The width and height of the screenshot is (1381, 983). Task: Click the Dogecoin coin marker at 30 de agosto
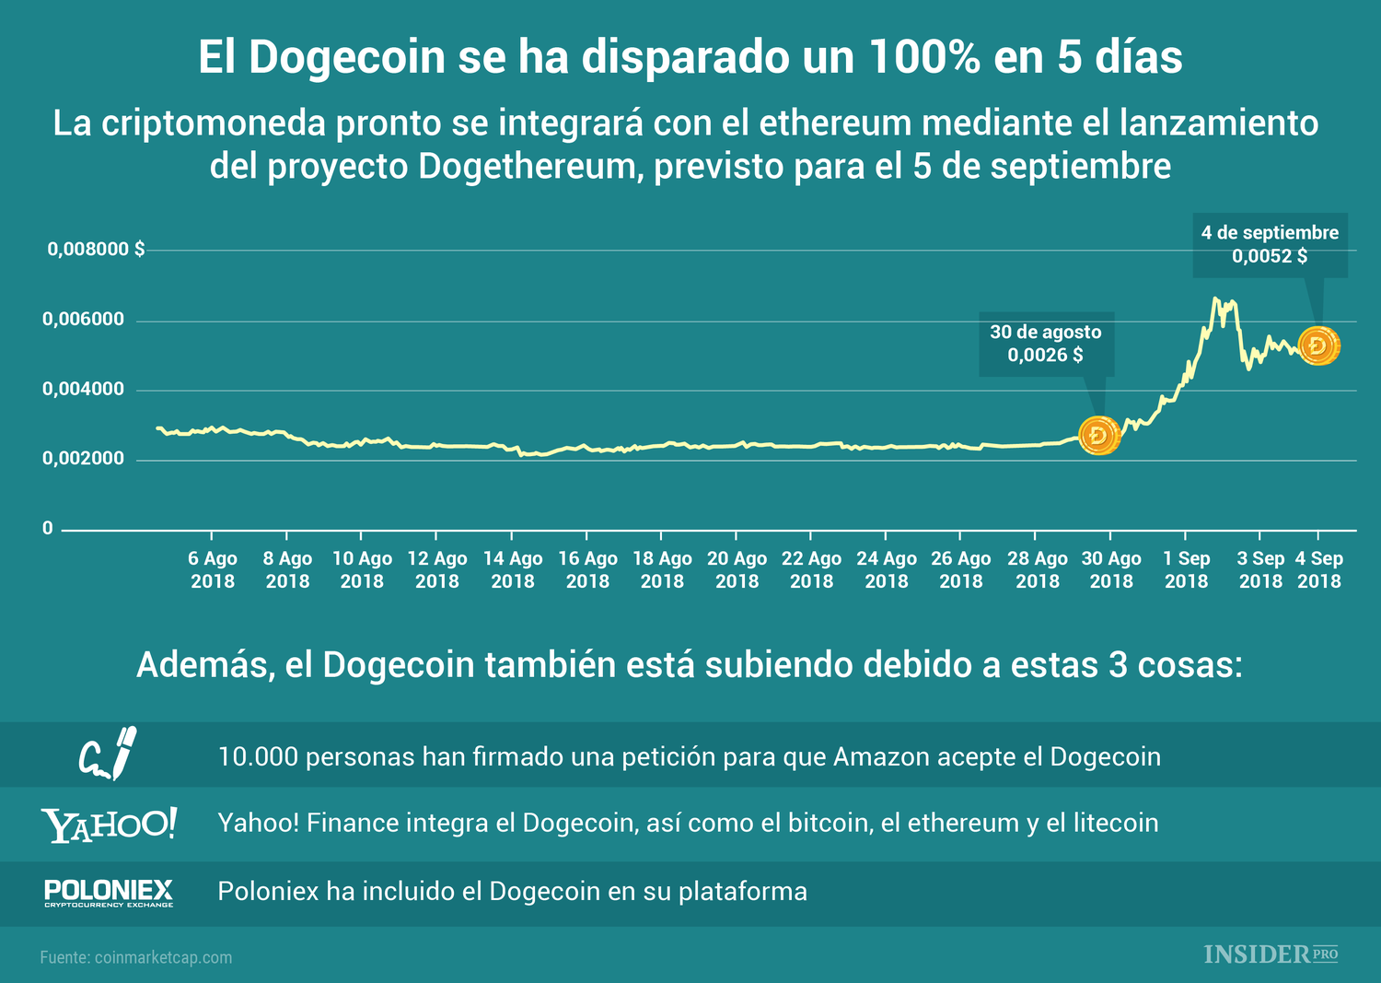click(1098, 435)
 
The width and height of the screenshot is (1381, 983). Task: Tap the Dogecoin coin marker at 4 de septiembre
click(1318, 346)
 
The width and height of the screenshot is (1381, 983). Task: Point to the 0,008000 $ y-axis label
click(96, 249)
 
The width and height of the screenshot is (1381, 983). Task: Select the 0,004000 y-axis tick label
click(83, 389)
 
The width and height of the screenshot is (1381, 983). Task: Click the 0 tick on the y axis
click(47, 529)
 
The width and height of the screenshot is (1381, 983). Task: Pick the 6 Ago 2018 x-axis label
click(213, 569)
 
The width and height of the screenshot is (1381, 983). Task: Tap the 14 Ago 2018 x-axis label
click(513, 569)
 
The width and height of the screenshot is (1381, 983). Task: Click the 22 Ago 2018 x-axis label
click(811, 569)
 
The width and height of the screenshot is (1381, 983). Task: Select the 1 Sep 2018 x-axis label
click(1187, 569)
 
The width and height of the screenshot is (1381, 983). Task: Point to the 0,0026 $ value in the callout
click(1045, 355)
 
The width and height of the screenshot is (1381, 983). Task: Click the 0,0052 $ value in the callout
click(1270, 256)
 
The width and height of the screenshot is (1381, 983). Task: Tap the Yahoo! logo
click(109, 825)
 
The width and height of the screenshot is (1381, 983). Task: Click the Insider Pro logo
click(1271, 954)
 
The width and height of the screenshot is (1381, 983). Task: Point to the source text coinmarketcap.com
click(163, 957)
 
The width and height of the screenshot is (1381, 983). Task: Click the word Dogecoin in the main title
click(349, 57)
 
